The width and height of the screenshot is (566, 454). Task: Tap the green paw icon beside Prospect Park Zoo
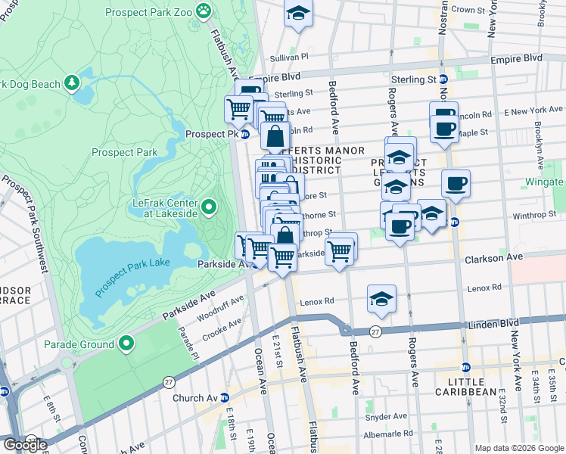203,11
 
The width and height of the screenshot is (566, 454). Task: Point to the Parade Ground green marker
126,345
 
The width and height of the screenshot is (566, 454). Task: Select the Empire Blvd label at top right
517,58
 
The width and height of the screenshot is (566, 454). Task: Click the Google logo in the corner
25,445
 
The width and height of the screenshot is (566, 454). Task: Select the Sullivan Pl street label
290,57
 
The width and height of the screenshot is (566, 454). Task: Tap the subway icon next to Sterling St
444,79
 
